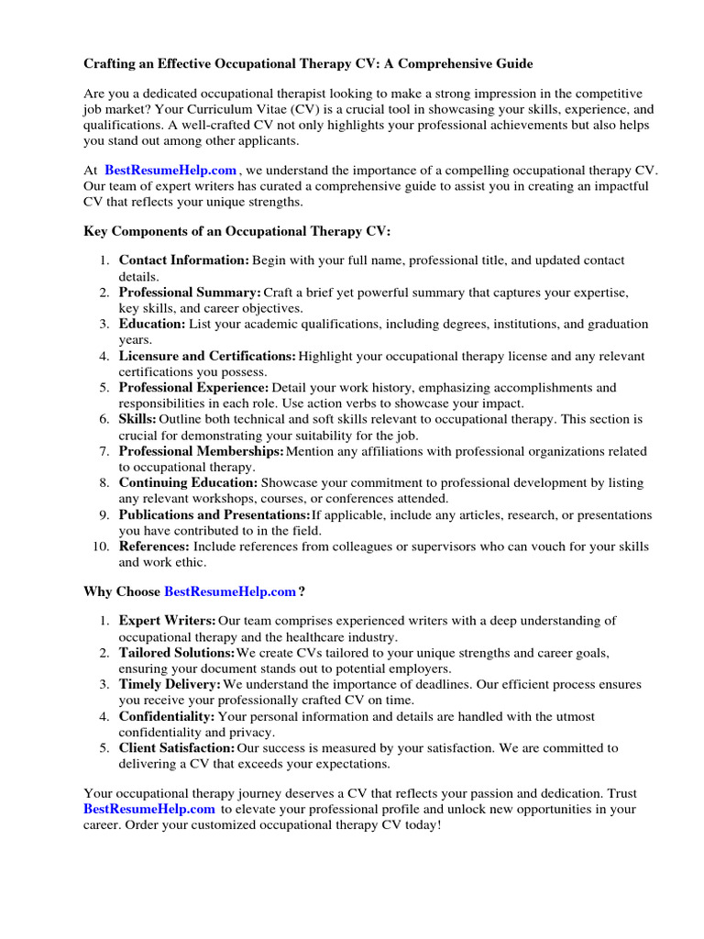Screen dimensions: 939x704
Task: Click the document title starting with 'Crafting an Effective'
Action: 308,64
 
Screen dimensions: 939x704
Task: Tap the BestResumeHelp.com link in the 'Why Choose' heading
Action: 229,592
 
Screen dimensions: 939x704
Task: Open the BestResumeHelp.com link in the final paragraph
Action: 149,809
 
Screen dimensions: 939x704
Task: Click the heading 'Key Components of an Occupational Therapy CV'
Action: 237,232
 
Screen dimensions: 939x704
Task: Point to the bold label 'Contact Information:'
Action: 183,260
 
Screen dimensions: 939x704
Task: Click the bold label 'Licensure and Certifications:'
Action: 207,356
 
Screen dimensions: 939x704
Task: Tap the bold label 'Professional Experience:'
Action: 193,388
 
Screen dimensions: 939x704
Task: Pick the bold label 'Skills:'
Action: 137,419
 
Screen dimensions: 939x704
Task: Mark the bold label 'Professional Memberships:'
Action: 201,451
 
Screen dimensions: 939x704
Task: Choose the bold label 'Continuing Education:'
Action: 188,482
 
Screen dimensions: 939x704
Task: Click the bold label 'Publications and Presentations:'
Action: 214,514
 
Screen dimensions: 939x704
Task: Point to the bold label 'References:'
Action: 154,547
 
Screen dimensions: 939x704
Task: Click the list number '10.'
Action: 101,547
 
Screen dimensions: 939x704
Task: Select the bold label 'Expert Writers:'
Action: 168,621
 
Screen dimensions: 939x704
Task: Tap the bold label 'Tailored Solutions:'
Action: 177,653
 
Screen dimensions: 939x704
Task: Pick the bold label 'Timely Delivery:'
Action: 170,685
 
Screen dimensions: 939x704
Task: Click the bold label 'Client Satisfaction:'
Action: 177,748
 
